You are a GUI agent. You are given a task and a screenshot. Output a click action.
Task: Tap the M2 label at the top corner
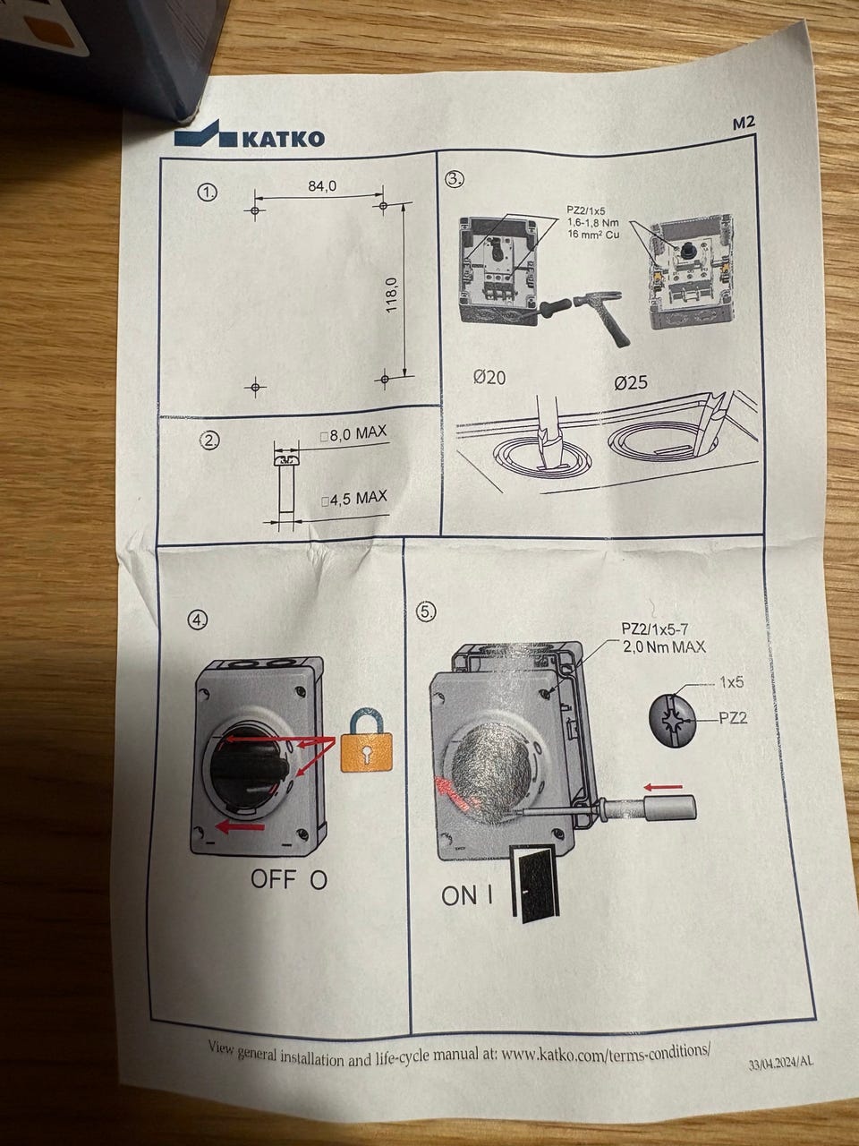click(x=744, y=126)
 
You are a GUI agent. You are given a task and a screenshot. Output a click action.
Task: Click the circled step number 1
click(x=208, y=192)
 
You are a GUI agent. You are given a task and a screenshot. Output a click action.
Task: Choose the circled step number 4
click(x=198, y=619)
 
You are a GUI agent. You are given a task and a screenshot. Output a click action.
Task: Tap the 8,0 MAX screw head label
click(x=353, y=434)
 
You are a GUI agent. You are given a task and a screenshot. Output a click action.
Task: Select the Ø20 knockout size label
click(x=489, y=378)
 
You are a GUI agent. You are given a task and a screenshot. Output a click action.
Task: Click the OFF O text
click(x=288, y=879)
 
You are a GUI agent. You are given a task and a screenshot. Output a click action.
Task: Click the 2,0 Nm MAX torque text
click(x=663, y=646)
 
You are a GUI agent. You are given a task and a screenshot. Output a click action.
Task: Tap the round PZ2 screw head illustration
click(x=674, y=718)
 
